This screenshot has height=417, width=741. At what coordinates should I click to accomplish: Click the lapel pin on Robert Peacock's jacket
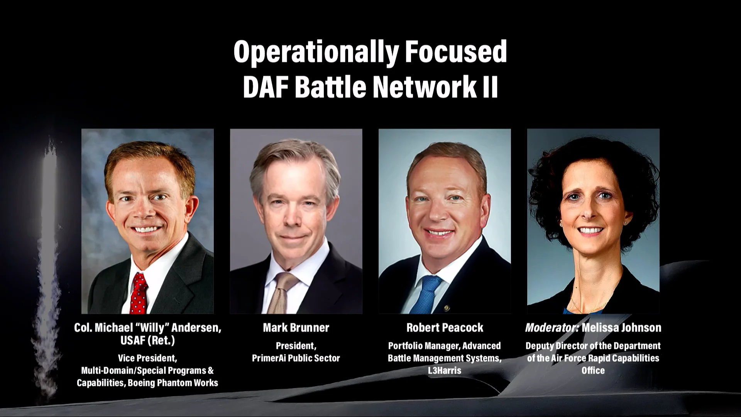[x=447, y=308]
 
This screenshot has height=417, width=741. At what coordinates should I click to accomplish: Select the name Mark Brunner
[x=296, y=328]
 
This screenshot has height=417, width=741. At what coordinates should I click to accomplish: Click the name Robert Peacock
[x=445, y=328]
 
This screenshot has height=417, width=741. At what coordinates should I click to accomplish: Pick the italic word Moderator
[x=552, y=328]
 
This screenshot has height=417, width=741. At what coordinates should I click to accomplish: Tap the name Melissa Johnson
[x=621, y=328]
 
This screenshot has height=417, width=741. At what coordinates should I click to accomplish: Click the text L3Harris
[x=445, y=371]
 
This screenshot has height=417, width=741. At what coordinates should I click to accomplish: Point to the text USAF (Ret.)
[x=147, y=341]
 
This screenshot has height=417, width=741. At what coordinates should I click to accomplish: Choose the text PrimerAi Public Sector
[x=296, y=358]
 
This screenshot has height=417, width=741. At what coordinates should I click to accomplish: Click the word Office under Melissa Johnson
[x=593, y=371]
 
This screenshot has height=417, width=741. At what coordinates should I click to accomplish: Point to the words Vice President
[x=147, y=358]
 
